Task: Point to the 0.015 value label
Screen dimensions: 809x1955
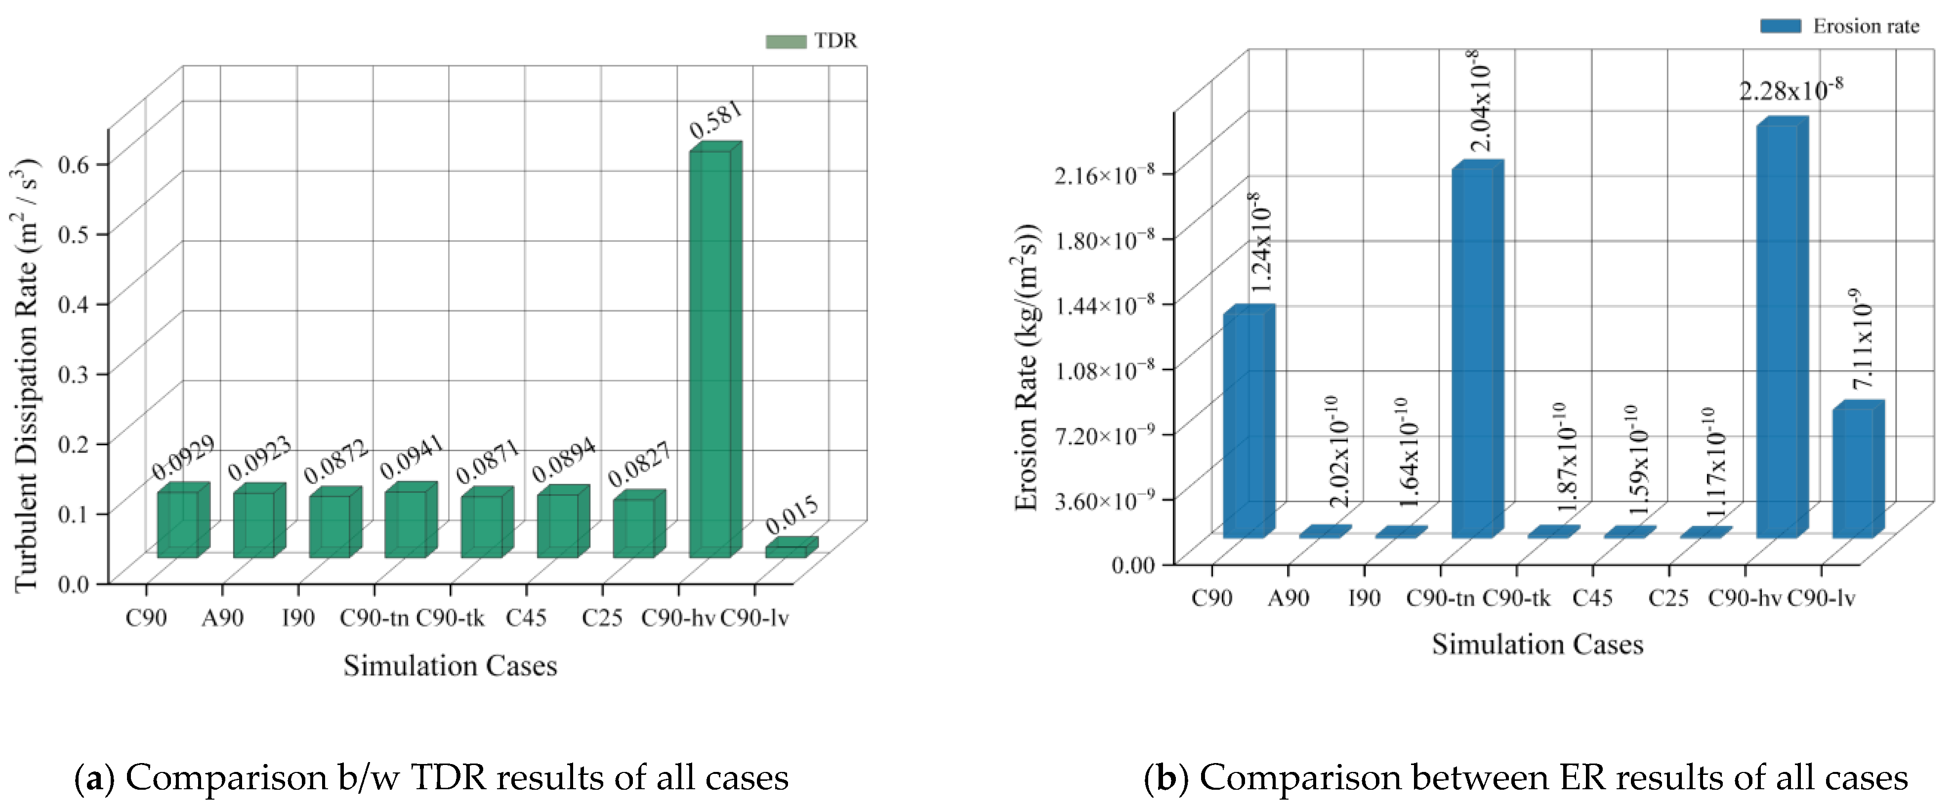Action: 791,515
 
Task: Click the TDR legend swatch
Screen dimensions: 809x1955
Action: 786,41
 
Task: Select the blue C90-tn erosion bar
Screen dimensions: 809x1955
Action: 1473,353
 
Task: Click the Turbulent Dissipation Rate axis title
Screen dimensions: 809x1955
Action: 25,375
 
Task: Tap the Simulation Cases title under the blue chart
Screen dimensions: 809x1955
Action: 1538,644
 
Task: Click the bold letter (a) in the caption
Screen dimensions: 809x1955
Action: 95,778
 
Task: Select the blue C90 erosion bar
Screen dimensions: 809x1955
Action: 1245,425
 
